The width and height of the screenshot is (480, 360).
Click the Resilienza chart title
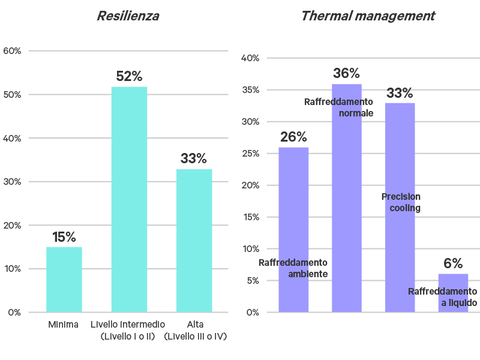coord(128,16)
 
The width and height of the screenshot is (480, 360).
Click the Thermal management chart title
coord(367,16)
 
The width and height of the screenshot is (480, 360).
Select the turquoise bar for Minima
coord(64,279)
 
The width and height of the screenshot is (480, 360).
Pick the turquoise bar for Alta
coord(194,240)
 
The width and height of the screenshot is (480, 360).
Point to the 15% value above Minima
coord(64,237)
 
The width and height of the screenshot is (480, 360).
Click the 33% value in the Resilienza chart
coord(194,159)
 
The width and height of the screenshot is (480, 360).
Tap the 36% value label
coord(346,74)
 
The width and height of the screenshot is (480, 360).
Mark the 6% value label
coord(453,263)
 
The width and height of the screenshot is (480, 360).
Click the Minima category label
coord(63,325)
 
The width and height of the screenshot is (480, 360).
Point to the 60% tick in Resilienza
coord(13,51)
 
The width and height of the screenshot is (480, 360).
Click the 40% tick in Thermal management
coord(250,58)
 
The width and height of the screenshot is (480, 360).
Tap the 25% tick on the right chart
coord(250,154)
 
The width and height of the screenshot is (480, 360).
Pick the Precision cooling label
coord(401,202)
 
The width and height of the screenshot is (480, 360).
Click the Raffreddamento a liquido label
coord(443,297)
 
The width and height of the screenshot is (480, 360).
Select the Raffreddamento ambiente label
coord(293,268)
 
